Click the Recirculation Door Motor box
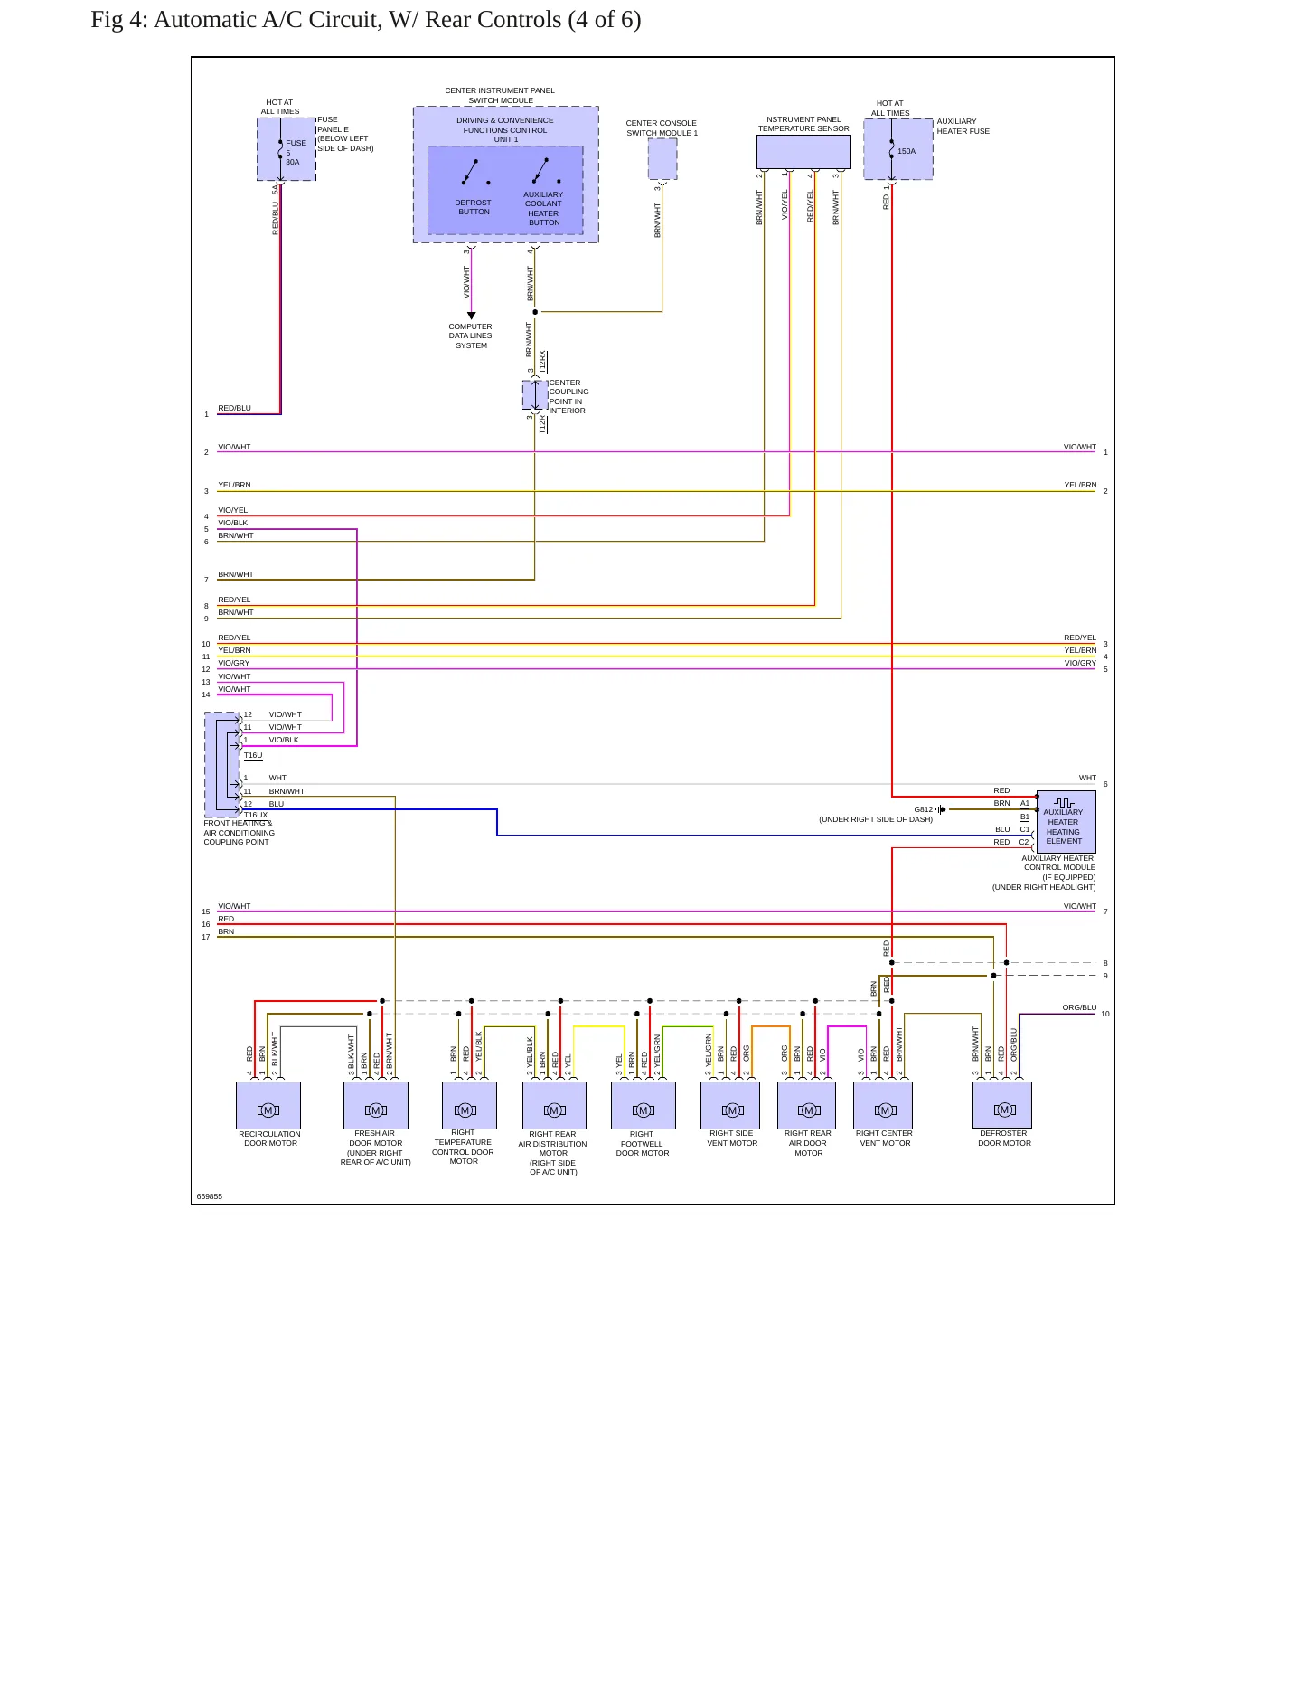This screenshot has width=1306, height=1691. [268, 1105]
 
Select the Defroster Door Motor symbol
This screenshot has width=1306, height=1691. [1004, 1110]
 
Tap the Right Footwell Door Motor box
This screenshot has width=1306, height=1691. [644, 1105]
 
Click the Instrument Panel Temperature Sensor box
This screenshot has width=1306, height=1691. [803, 152]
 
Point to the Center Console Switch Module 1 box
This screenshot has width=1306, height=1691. [662, 159]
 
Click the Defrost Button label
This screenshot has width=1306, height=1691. [474, 207]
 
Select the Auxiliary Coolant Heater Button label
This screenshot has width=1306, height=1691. [543, 208]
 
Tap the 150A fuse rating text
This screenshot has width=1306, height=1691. [907, 151]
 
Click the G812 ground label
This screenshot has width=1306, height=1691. [923, 809]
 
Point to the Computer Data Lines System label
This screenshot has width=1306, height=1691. [471, 335]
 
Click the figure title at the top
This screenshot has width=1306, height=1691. [366, 19]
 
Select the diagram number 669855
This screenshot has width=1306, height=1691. [210, 1196]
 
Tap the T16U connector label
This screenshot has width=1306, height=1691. [253, 755]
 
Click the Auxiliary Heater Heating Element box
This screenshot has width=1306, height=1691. [1066, 822]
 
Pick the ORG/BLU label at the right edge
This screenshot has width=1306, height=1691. [1079, 1007]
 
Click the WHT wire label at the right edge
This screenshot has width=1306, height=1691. [1087, 778]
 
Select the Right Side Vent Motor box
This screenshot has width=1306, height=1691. [730, 1105]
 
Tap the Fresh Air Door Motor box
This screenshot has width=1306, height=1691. [376, 1105]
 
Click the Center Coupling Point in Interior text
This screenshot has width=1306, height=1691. [568, 397]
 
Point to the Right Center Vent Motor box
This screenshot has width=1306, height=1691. [883, 1105]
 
